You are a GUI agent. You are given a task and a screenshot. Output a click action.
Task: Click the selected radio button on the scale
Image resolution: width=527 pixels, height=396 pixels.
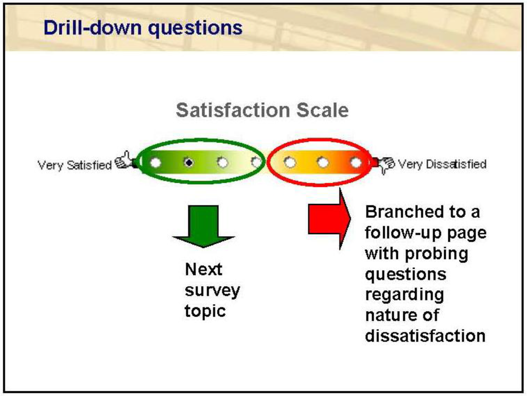point(189,163)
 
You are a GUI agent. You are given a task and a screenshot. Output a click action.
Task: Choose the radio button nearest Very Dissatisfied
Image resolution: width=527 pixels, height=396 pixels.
point(356,163)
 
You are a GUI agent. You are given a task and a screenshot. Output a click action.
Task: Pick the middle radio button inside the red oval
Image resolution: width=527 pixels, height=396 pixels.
point(323,163)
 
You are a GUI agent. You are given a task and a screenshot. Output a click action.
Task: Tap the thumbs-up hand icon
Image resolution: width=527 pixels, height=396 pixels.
point(124,161)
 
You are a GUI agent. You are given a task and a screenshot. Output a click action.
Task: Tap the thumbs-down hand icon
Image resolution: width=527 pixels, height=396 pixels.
point(385,164)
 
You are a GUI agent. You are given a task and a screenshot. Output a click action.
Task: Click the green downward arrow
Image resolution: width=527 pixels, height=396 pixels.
point(203,226)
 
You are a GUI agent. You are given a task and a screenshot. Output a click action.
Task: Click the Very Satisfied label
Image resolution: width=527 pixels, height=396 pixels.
point(74,165)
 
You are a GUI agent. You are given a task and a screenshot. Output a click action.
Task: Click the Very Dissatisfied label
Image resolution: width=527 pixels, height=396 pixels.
point(443,164)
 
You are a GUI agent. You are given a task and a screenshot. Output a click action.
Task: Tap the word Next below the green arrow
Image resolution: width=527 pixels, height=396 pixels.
point(203,269)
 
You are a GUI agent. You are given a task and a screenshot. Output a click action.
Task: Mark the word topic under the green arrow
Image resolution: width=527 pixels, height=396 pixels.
point(205,311)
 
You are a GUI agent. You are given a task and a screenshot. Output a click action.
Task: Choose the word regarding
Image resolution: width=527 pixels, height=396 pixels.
point(404,295)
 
